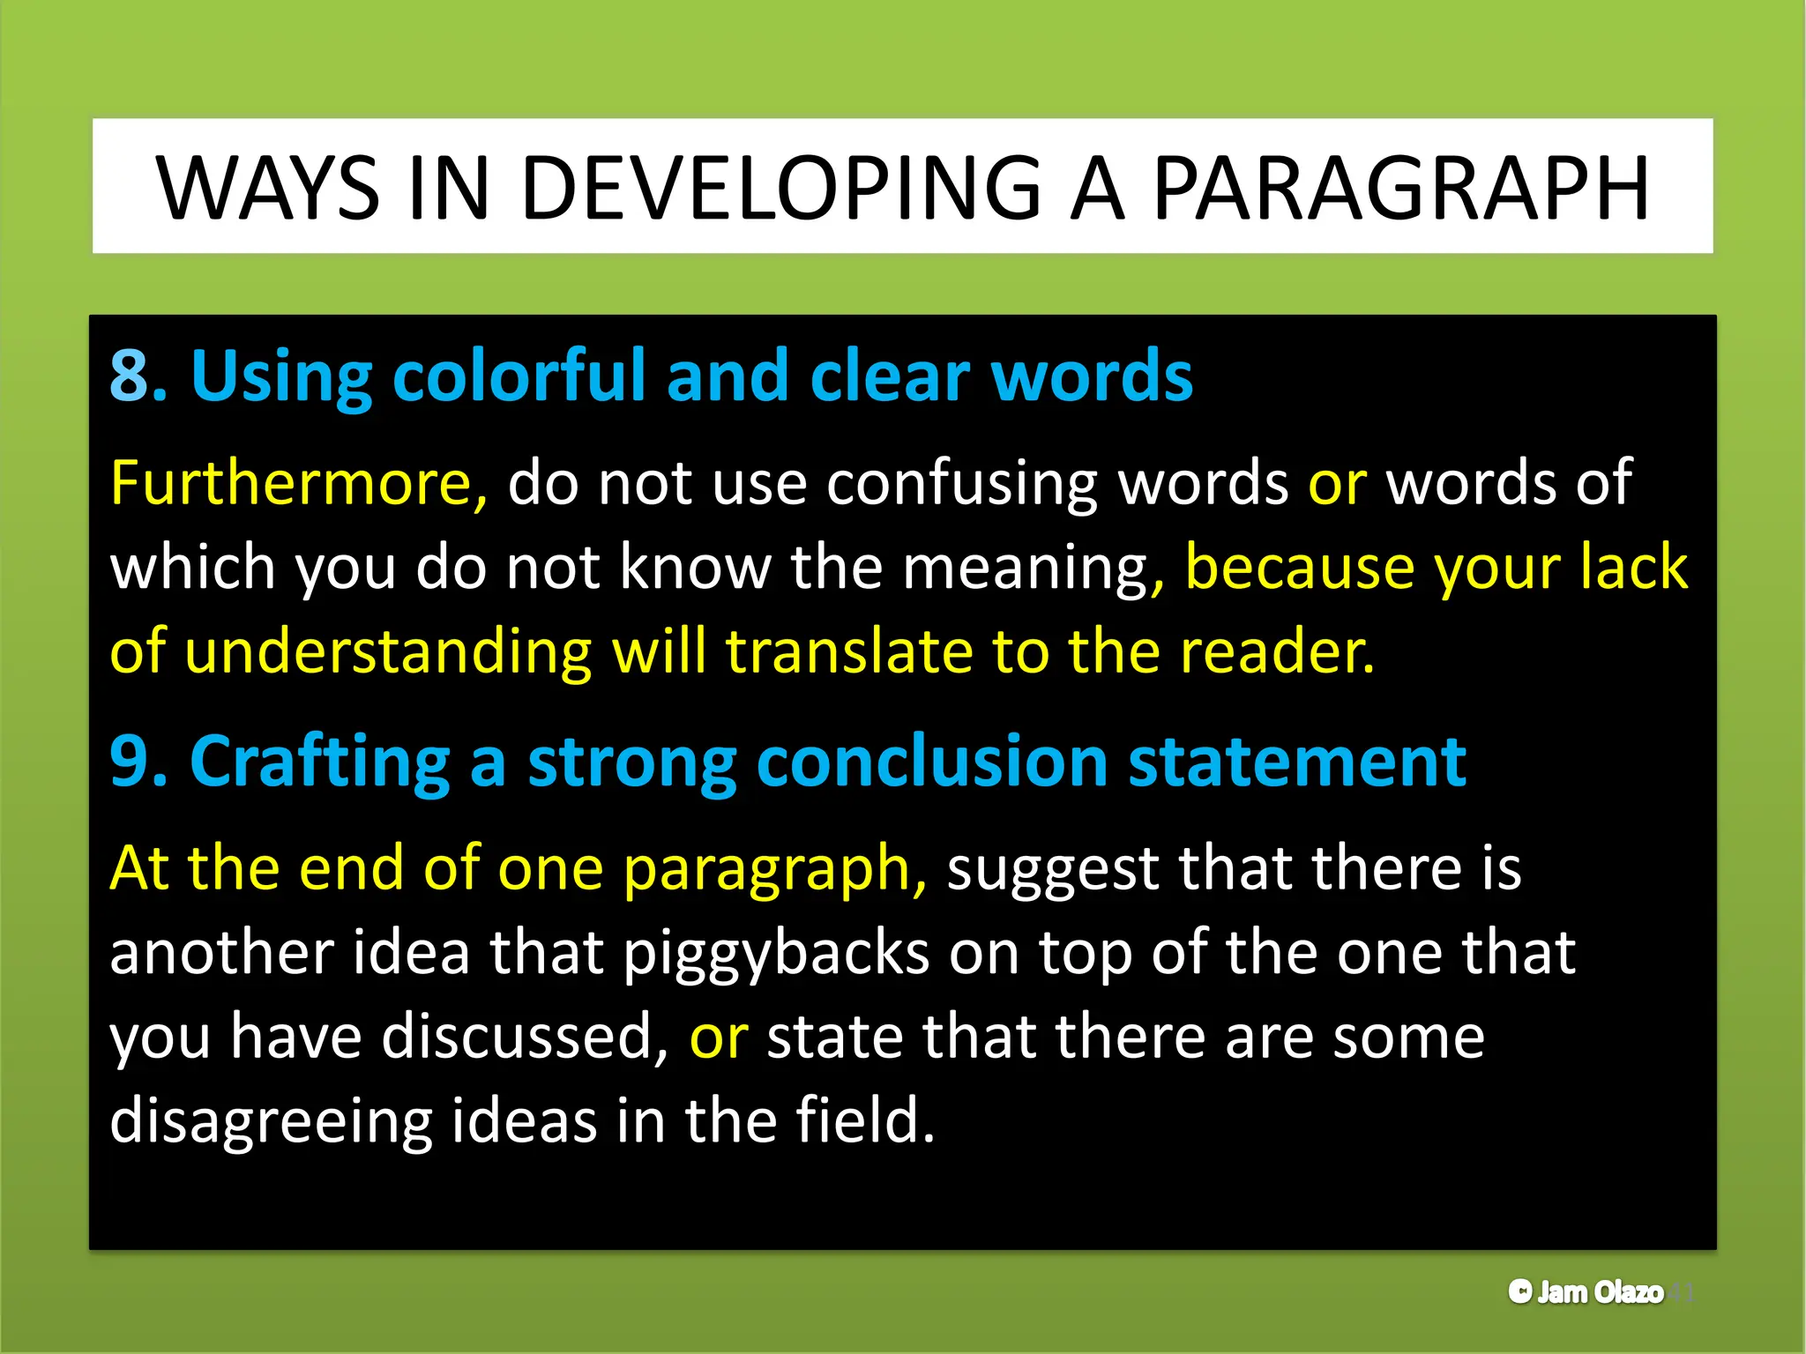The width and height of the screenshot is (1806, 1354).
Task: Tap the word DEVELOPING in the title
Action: point(781,189)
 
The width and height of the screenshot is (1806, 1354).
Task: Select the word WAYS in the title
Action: point(268,189)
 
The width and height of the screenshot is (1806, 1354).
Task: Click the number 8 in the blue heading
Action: point(129,376)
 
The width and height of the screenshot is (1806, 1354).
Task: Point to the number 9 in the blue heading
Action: point(129,762)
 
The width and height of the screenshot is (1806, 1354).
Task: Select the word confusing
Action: point(962,485)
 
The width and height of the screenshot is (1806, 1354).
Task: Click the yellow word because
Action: point(1300,568)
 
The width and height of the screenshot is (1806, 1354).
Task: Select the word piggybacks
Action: point(776,955)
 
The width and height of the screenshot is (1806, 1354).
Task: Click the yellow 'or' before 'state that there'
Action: point(719,1038)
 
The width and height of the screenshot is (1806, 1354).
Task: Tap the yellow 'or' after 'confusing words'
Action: point(1337,483)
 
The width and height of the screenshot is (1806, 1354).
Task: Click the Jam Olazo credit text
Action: point(1600,1292)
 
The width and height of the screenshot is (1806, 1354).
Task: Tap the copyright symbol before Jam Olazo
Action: point(1520,1292)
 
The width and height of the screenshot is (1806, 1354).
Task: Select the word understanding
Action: point(388,654)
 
